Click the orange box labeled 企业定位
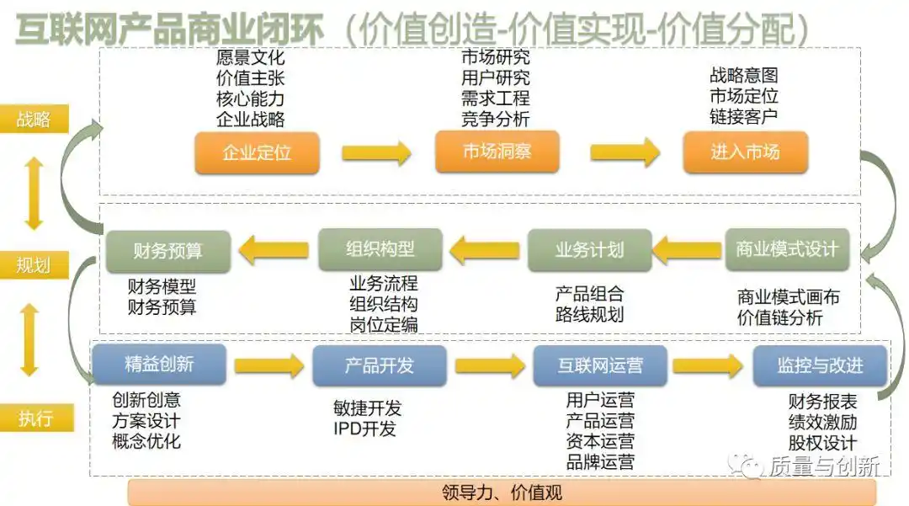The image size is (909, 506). pos(257,153)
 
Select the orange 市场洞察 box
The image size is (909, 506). pos(497,152)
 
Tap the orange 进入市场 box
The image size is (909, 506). pos(745,152)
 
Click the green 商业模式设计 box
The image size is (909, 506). pos(787,250)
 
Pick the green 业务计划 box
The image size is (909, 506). pos(589,250)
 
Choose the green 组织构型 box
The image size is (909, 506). pos(380,250)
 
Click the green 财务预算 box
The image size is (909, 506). pos(167,251)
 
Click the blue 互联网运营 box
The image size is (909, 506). pos(600,365)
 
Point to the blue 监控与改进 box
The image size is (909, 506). pos(820,365)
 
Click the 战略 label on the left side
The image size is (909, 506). pos(34,120)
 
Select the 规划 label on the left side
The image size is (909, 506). pos(34,266)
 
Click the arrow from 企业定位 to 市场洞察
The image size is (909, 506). pos(376,153)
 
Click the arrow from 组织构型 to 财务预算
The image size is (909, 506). pos(273,250)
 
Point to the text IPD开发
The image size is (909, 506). pos(364,429)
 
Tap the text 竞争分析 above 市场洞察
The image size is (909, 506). pos(495,119)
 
